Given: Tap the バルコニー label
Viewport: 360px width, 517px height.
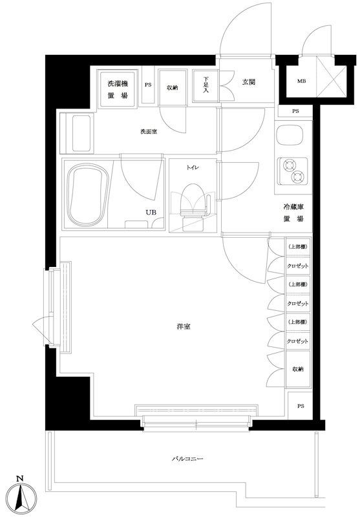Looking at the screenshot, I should [187, 459].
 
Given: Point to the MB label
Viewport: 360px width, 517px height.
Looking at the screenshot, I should [301, 81].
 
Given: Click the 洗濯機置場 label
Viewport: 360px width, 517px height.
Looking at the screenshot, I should [118, 87].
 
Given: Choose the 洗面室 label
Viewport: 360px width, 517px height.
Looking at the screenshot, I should [149, 132].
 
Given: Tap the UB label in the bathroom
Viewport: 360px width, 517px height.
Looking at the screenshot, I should [150, 213].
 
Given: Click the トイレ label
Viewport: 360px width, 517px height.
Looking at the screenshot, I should [192, 167].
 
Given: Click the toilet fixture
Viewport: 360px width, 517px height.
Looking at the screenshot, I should [192, 202].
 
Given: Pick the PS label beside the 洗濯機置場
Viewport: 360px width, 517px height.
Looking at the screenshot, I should [148, 85].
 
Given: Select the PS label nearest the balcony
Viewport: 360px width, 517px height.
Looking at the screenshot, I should [300, 406].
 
